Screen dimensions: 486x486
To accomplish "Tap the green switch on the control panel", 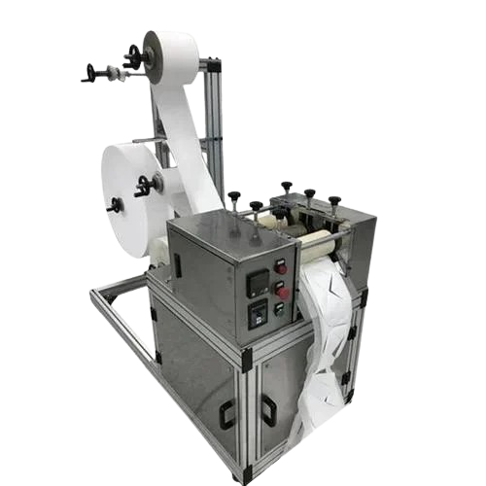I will point(280,308).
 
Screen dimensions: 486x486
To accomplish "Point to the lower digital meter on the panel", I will point(260,313).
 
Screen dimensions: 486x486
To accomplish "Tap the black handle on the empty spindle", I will point(90,71).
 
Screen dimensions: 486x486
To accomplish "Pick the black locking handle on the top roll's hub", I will point(133,55).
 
